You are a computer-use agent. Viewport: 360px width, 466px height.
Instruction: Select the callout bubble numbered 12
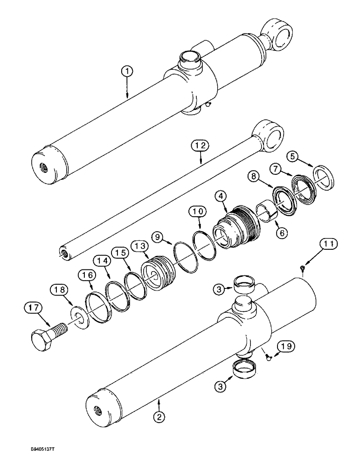pos(200,146)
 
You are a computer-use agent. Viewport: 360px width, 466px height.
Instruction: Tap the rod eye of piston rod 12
pos(269,137)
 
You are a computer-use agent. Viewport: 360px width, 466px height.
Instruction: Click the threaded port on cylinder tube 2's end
pos(98,411)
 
